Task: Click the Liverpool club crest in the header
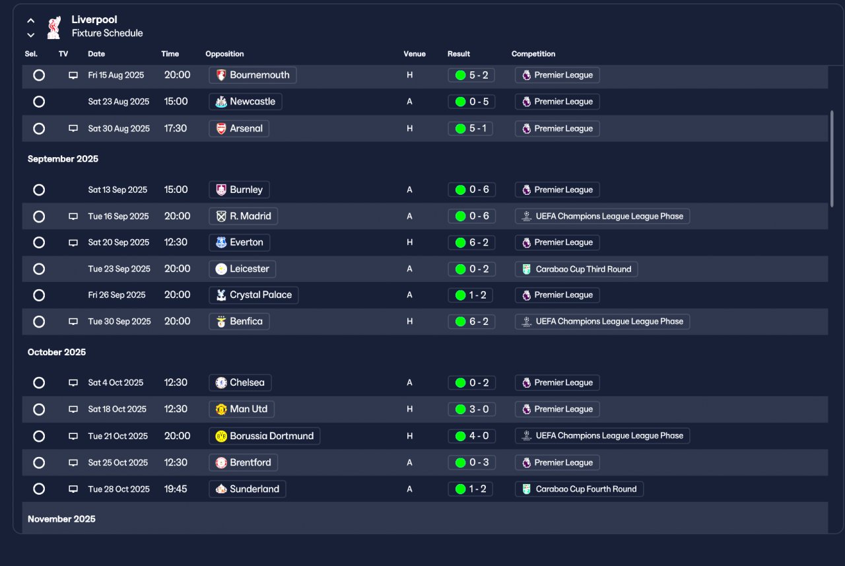54,27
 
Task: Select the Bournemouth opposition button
252,75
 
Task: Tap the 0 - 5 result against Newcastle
471,102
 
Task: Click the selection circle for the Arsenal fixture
39,129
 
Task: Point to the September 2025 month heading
63,159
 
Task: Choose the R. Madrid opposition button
244,216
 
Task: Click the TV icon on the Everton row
73,242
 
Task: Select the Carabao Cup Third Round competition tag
576,269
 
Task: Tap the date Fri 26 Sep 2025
117,295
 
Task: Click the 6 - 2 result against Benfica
471,322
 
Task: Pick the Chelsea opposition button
240,382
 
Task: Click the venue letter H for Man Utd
409,409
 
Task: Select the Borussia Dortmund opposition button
265,436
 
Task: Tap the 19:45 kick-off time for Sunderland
176,489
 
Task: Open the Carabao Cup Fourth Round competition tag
579,489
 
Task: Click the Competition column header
533,54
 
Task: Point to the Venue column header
414,54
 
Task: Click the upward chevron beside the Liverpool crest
31,20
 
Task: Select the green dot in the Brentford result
460,462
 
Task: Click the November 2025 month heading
61,519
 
